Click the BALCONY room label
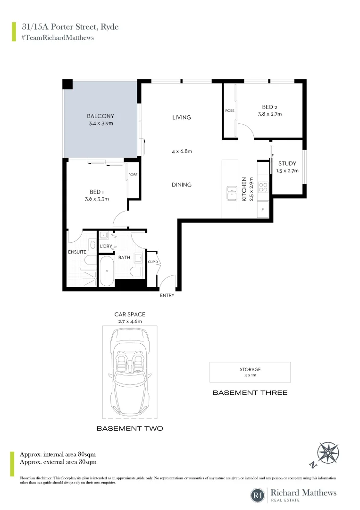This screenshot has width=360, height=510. point(100,116)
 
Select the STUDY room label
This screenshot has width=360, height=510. point(287,164)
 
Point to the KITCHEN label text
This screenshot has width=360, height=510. point(244,189)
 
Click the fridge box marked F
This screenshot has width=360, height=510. point(262,209)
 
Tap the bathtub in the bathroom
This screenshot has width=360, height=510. point(107,271)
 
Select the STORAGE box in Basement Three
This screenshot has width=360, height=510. point(250,372)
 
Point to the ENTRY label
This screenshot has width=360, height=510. point(167,296)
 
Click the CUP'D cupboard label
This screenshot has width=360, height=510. point(152,262)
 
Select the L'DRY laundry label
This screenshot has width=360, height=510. point(106,246)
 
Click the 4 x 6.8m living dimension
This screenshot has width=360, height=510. point(182,152)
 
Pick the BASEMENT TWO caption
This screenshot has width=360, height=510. point(130,428)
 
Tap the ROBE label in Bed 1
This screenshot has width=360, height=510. point(133,175)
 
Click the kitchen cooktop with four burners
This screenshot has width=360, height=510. point(262,187)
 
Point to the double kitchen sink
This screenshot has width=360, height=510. point(231,191)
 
